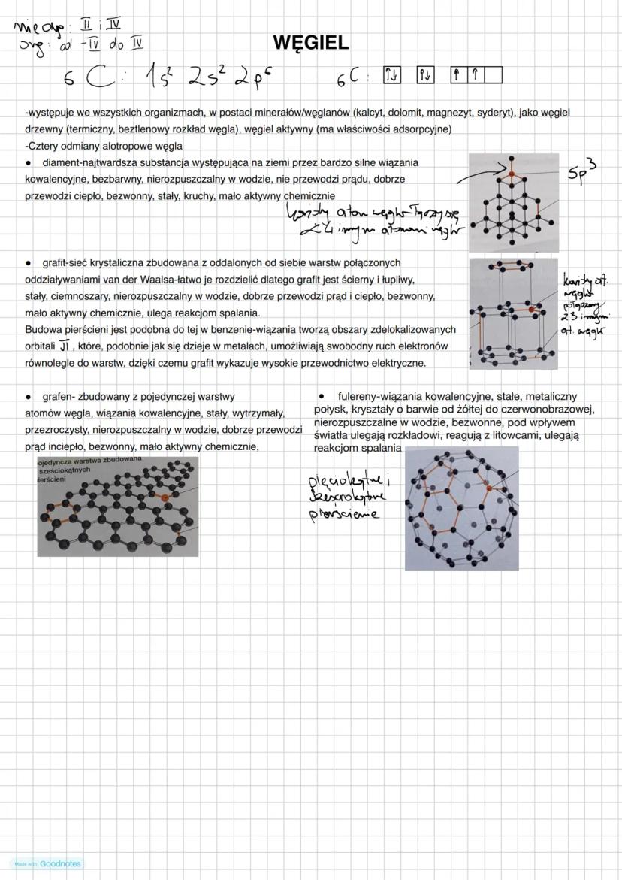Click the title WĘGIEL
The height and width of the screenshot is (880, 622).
[x=311, y=43]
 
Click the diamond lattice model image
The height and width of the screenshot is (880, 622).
[x=514, y=201]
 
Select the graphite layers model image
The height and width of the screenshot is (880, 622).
[x=514, y=314]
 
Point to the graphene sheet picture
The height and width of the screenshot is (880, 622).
[x=118, y=506]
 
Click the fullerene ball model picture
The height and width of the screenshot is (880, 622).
[x=461, y=508]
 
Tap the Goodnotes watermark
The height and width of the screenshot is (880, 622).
[x=47, y=863]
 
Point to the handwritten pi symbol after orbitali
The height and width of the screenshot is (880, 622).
[x=65, y=346]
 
